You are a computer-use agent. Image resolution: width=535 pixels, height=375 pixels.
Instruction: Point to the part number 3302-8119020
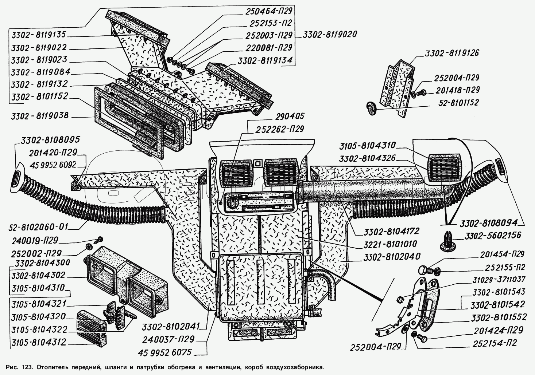pyautogui.click(x=328, y=35)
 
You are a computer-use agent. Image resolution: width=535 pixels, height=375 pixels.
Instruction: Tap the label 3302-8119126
pyautogui.click(x=451, y=53)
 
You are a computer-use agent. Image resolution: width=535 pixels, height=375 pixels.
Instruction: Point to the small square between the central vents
pyautogui.click(x=259, y=163)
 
